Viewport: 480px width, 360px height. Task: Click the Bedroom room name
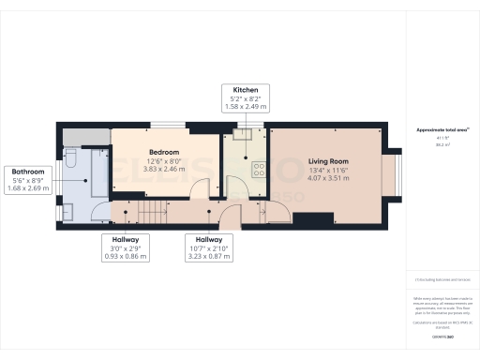[164, 152]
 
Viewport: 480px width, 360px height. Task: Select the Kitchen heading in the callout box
[246, 91]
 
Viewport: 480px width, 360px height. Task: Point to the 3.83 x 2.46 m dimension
[164, 169]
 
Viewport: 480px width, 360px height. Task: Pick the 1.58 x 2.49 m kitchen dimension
[246, 108]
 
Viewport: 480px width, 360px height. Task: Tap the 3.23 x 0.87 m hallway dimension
[209, 256]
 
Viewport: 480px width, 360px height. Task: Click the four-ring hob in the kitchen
[258, 170]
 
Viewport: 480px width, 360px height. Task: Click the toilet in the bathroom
[72, 163]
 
